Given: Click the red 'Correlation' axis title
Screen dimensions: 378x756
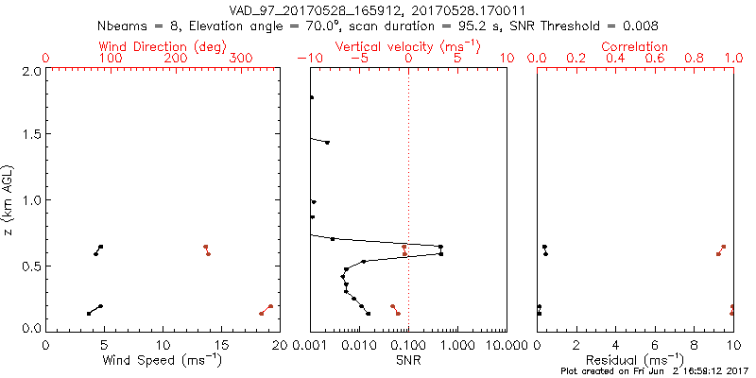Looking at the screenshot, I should [635, 46].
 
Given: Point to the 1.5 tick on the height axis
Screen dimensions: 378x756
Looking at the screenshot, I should [30, 135].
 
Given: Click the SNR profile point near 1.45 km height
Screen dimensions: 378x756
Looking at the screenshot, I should [327, 143].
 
